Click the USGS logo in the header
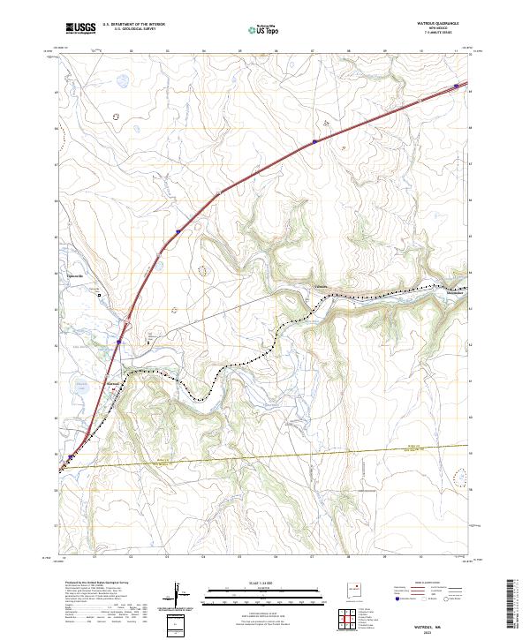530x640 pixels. (80, 28)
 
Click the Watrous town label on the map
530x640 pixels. (114, 383)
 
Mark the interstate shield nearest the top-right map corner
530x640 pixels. (457, 86)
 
